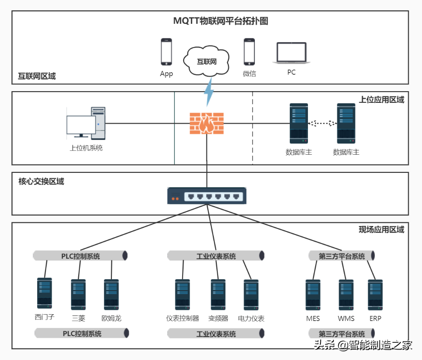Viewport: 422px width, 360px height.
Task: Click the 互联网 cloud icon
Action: tap(206, 61)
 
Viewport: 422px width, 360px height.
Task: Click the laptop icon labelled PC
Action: tap(292, 53)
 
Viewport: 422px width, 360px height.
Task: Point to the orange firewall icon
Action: tap(207, 123)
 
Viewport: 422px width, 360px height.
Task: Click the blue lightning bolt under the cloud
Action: tap(209, 92)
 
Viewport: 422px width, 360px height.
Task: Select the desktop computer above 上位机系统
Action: tap(86, 123)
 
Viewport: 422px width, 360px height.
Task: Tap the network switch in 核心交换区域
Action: tap(207, 196)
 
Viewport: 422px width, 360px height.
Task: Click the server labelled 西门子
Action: tap(44, 293)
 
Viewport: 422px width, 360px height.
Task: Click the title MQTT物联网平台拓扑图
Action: tap(221, 21)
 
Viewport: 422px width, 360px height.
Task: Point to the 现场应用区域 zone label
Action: tap(381, 229)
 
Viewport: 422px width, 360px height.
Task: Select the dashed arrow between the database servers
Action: tap(322, 123)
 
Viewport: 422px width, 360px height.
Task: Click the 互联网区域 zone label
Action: tap(37, 76)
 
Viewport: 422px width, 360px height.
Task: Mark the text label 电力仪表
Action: tap(251, 319)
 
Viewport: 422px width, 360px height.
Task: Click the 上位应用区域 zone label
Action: tap(381, 100)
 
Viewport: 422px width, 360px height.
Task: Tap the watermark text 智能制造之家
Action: tap(380, 345)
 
